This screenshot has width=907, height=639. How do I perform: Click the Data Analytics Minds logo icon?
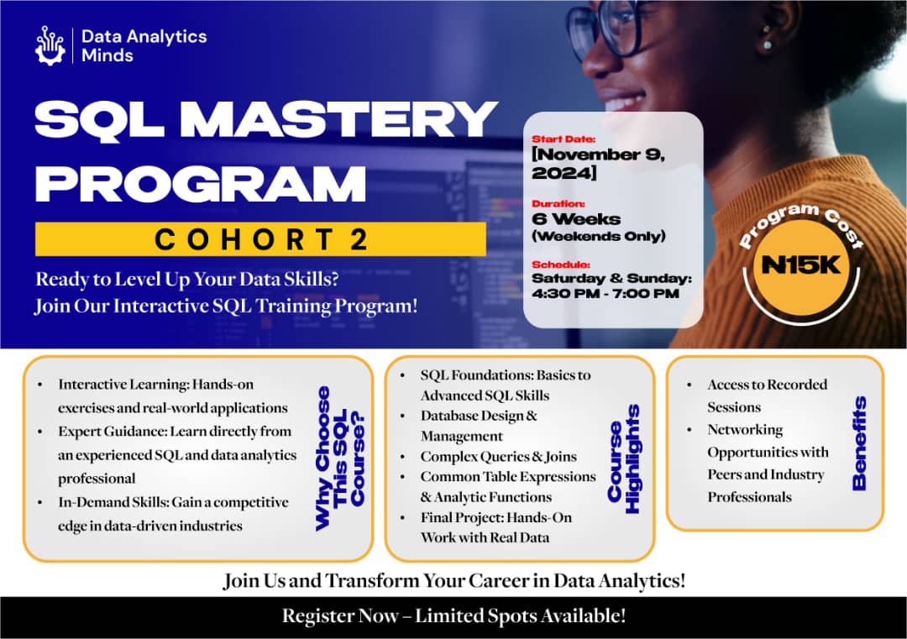tap(50, 45)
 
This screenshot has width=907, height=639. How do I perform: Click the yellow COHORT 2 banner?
tap(260, 239)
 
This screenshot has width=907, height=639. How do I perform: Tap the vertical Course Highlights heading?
tap(624, 458)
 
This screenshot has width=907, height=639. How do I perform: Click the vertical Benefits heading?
tap(858, 443)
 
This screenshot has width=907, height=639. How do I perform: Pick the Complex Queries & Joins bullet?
tap(498, 457)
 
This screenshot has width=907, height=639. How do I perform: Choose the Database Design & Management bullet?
tap(479, 426)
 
